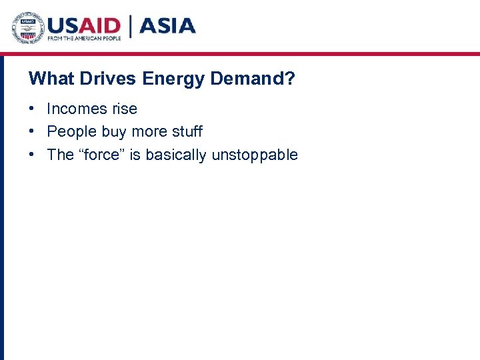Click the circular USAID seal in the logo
point(28,28)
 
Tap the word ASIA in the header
point(167,26)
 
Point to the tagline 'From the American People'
point(84,39)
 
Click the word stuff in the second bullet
point(186,131)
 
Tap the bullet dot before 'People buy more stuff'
point(32,132)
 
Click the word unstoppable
point(255,155)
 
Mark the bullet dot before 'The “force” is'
point(32,155)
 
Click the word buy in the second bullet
point(114,132)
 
